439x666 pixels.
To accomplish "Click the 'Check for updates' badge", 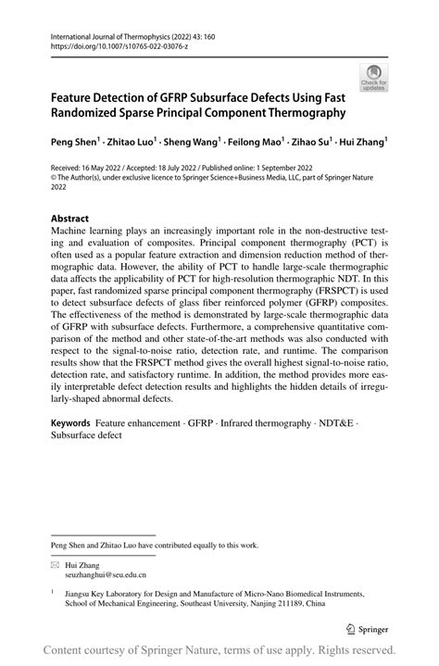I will click(374, 77).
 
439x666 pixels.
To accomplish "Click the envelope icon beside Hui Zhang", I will click(55, 564).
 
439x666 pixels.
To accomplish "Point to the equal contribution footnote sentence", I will click(155, 545).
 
